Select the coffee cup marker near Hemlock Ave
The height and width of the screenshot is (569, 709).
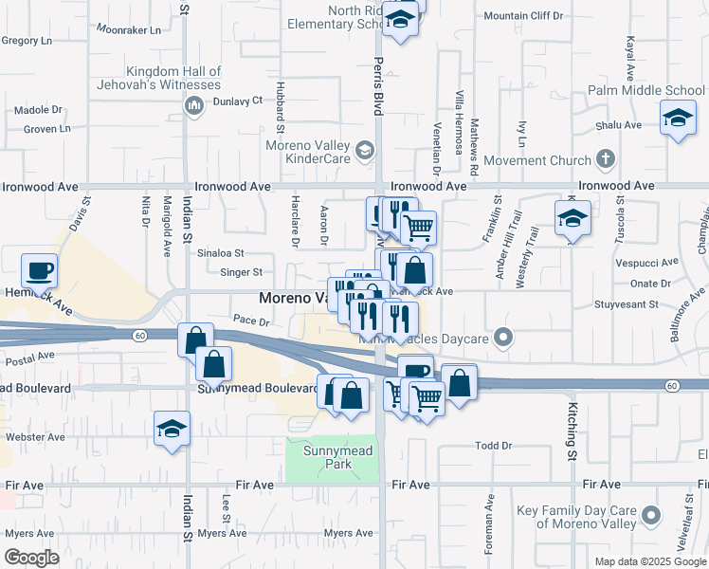[x=39, y=272]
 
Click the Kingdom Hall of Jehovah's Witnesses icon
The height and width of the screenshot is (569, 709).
[x=193, y=105]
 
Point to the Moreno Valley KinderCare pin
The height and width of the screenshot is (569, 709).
[x=364, y=150]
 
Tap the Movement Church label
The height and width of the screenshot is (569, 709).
[x=537, y=160]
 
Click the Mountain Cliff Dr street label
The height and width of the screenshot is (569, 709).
[x=522, y=16]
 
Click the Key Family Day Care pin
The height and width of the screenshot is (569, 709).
[x=650, y=516]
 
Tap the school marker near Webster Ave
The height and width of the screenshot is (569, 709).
[x=173, y=429]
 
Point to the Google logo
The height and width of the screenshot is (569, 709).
[x=31, y=558]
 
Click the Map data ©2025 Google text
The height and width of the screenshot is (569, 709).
[x=650, y=561]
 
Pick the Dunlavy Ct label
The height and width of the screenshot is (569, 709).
[x=237, y=101]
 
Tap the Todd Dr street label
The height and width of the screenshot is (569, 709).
[x=493, y=446]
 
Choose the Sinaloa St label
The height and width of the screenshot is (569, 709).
[x=220, y=254]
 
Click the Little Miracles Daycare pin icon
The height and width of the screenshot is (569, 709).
[x=503, y=336]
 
